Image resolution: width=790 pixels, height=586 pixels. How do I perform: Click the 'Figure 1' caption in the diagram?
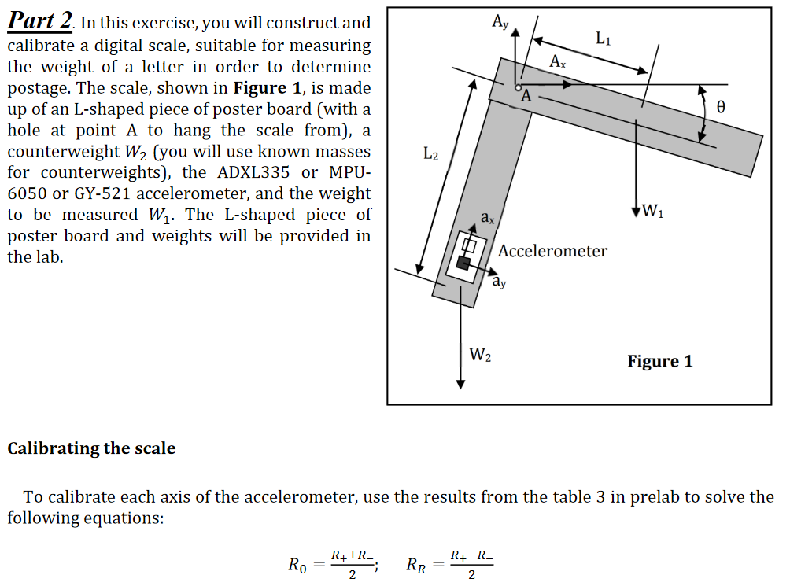(659, 361)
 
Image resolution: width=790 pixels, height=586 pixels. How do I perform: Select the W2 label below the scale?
(480, 355)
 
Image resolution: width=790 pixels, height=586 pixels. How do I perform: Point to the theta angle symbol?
(719, 105)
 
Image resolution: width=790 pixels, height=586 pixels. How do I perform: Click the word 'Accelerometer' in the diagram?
(552, 251)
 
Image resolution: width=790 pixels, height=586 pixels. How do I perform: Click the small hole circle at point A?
(518, 87)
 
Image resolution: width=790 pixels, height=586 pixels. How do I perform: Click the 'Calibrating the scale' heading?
(91, 448)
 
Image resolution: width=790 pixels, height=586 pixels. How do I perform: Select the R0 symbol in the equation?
(298, 566)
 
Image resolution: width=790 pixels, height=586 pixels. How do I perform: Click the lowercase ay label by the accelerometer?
(498, 281)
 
